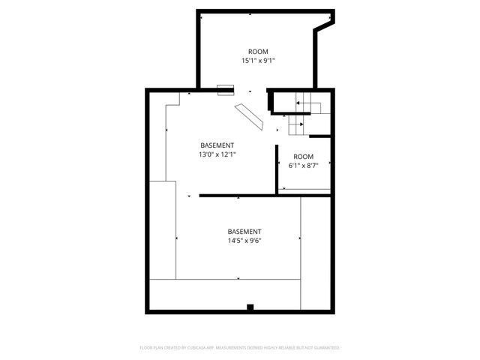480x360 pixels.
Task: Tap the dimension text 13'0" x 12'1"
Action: (x=217, y=154)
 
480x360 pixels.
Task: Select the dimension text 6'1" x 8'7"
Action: (x=304, y=166)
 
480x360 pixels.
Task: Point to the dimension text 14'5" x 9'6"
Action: (x=244, y=241)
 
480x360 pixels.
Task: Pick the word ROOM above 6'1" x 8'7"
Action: (x=303, y=157)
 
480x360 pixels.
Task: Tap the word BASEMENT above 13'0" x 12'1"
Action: (x=217, y=145)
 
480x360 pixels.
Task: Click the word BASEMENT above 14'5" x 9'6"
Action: (x=244, y=231)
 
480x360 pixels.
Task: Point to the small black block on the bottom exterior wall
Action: (x=250, y=307)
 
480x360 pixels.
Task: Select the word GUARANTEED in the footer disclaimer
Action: (x=325, y=348)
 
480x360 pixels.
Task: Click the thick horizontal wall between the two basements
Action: (x=262, y=196)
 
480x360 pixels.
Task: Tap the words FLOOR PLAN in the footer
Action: (x=152, y=348)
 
